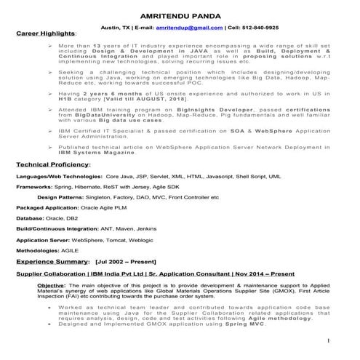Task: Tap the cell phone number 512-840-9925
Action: click(x=258, y=28)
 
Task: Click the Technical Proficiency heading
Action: click(x=53, y=164)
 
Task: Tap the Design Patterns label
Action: click(x=63, y=197)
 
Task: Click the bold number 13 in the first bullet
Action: click(x=95, y=46)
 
